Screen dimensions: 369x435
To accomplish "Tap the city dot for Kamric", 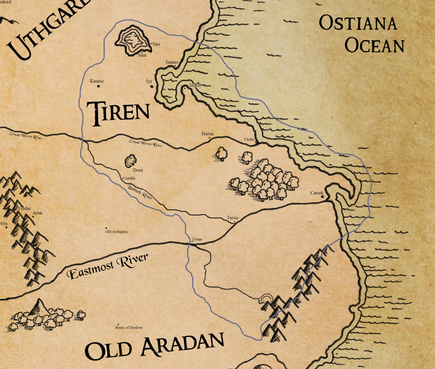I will [x=99, y=86].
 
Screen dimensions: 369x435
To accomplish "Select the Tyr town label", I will [x=149, y=81].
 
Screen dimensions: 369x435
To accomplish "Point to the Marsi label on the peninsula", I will [x=195, y=85].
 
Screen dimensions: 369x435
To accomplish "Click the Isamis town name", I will [x=172, y=62].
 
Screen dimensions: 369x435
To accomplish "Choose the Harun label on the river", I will [x=207, y=134].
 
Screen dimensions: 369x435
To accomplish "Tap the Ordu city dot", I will [x=255, y=142].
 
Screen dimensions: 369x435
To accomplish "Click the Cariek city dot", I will [x=322, y=196].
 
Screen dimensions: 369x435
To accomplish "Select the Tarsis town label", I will [x=233, y=218].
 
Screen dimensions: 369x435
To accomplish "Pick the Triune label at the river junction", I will [x=197, y=239].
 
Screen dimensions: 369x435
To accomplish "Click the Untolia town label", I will [x=129, y=178].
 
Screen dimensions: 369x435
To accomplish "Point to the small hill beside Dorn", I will [x=131, y=160].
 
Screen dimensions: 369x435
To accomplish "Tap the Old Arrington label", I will [x=116, y=231].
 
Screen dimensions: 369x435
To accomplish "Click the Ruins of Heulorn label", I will [x=129, y=327].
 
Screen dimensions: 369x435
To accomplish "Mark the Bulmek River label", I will [x=140, y=192].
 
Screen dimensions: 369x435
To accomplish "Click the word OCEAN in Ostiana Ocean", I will [x=374, y=46].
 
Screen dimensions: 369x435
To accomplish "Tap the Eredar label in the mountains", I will [x=24, y=209].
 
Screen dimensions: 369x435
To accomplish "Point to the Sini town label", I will [x=156, y=44].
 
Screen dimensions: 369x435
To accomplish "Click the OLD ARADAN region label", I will [x=154, y=347].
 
